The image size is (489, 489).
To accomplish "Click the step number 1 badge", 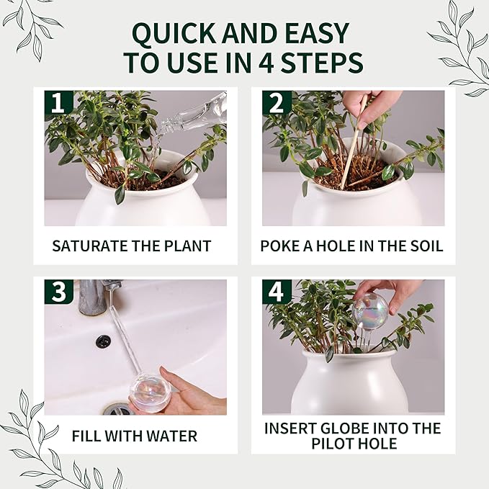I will (x=58, y=103).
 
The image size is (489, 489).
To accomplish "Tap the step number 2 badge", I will (x=277, y=103).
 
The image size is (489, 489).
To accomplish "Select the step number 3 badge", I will (x=58, y=292).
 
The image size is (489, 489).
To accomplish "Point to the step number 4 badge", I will (x=277, y=292).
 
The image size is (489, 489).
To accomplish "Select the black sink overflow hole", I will (x=103, y=341).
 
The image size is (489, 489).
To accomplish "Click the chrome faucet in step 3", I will (x=94, y=297).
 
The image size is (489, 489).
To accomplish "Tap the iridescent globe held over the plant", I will (x=371, y=311).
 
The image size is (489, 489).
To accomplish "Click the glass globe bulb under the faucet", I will (x=150, y=391).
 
